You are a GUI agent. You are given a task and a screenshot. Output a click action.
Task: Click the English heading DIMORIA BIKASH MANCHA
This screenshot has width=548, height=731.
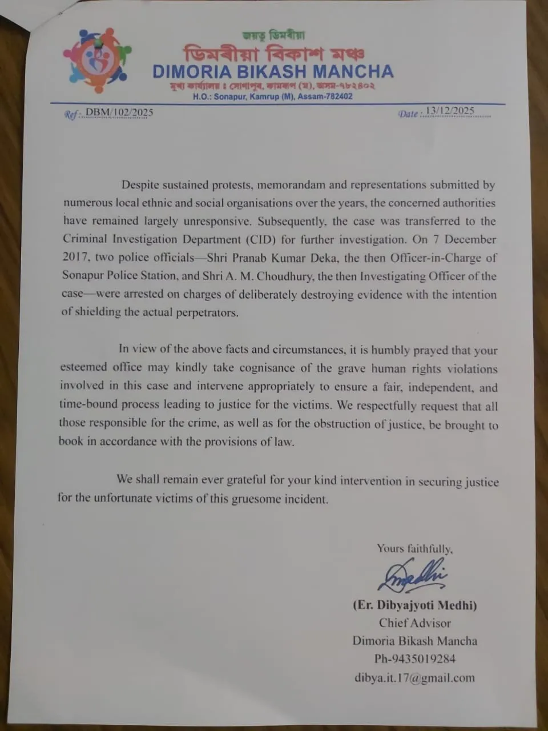[x=273, y=72]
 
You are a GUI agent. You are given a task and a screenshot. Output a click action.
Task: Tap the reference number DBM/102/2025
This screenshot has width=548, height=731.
[x=119, y=113]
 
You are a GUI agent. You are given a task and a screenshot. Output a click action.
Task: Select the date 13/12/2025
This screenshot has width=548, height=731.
[x=450, y=111]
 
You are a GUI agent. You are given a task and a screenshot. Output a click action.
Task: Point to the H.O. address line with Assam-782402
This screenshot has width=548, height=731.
[x=272, y=97]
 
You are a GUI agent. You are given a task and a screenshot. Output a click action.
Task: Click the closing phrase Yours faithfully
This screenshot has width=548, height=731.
[x=414, y=549]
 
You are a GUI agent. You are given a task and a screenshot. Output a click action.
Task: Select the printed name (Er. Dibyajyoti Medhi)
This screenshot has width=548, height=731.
[x=415, y=605]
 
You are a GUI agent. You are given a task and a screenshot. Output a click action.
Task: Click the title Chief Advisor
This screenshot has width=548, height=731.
[x=415, y=623]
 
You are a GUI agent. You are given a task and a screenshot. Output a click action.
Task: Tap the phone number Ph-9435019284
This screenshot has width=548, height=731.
[x=415, y=659]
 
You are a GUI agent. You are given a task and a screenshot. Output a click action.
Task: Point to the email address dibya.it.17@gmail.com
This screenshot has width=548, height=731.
[x=414, y=678]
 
